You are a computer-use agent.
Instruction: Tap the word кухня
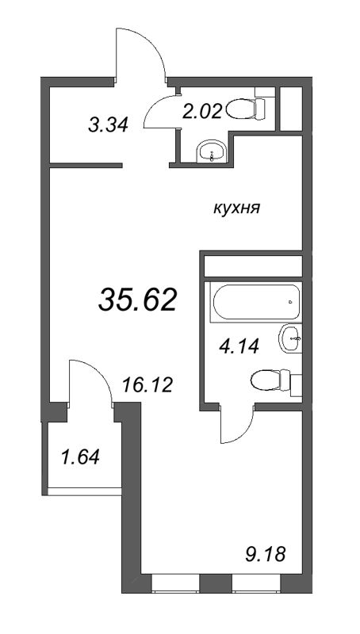[236, 209]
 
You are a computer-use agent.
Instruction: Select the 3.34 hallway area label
[108, 124]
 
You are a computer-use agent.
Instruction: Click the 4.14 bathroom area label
[238, 346]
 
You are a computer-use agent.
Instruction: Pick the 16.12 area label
[147, 385]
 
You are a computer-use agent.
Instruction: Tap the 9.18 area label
[266, 554]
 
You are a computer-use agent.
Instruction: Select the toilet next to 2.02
[246, 109]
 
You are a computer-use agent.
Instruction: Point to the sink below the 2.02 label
[212, 151]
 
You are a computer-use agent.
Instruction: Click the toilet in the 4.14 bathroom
[270, 380]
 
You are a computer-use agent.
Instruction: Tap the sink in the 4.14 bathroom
[291, 338]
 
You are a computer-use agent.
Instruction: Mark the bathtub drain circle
[290, 302]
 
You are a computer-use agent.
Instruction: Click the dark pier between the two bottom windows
[216, 583]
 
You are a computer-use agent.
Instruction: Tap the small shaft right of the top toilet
[291, 109]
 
